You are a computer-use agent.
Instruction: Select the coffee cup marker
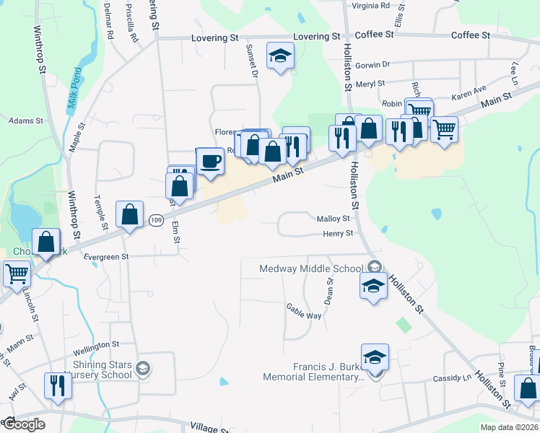(210, 162)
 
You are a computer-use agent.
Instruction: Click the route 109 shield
(155, 219)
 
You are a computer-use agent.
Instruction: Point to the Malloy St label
(333, 219)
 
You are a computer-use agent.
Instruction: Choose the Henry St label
(338, 233)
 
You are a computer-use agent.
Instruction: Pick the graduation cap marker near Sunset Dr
(279, 56)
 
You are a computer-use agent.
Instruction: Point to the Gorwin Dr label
(373, 64)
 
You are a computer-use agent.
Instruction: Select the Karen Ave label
(469, 93)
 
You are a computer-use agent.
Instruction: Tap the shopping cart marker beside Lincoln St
(17, 274)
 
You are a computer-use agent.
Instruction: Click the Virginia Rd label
(370, 5)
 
